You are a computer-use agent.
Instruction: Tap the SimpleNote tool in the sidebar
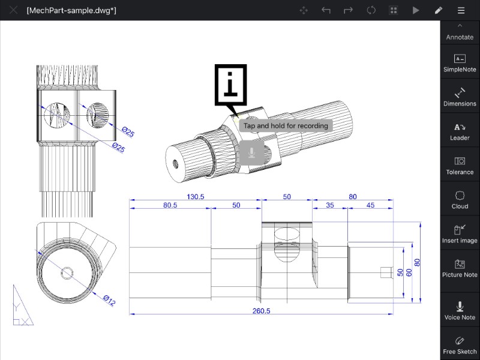tap(460, 63)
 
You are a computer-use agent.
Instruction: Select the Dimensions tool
tap(460, 97)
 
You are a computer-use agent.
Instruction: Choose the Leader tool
tap(460, 131)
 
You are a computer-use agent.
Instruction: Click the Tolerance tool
tap(460, 166)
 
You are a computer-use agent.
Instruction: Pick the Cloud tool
tap(460, 200)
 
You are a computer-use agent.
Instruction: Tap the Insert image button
tap(460, 235)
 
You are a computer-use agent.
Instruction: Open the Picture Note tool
tap(460, 269)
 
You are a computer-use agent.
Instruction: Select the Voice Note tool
tap(460, 311)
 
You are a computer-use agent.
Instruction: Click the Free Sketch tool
tap(460, 346)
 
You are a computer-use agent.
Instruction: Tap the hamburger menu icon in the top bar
tap(461, 10)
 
